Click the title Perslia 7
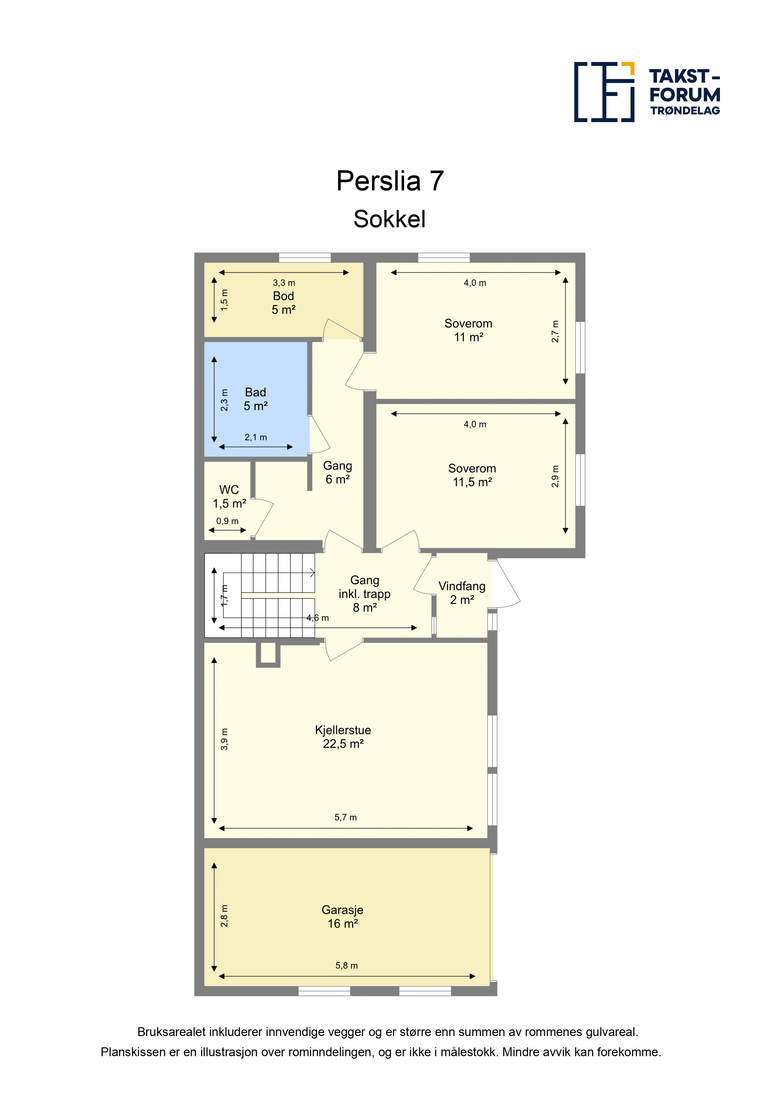point(390,181)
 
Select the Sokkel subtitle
point(389,219)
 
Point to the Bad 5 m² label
point(255,399)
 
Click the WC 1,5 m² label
point(229,497)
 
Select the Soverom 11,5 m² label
point(472,475)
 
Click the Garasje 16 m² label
point(342,916)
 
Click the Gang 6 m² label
point(337,472)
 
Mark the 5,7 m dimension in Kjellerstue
point(346,817)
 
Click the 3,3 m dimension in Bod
point(284,283)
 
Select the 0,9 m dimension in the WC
point(227,521)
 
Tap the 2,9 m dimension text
point(555,476)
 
